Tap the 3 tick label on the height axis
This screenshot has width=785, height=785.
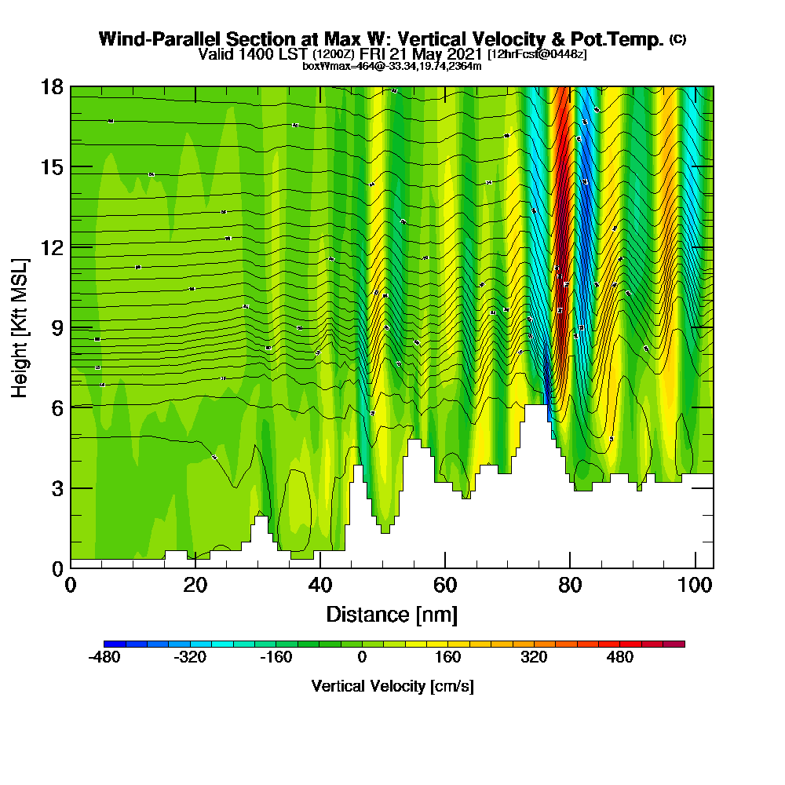point(56,488)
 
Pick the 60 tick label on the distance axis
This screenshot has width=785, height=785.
point(445,586)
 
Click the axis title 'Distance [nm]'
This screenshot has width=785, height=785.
point(392,614)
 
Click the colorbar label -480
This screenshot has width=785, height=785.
point(104,658)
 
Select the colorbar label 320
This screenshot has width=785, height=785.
point(534,658)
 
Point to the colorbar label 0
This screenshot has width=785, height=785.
point(362,658)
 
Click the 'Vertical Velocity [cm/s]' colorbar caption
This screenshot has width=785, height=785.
point(392,686)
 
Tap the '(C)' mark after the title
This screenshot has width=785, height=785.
point(677,39)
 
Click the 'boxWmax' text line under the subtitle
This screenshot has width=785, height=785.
point(392,66)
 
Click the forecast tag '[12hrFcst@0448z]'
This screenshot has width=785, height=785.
point(537,54)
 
